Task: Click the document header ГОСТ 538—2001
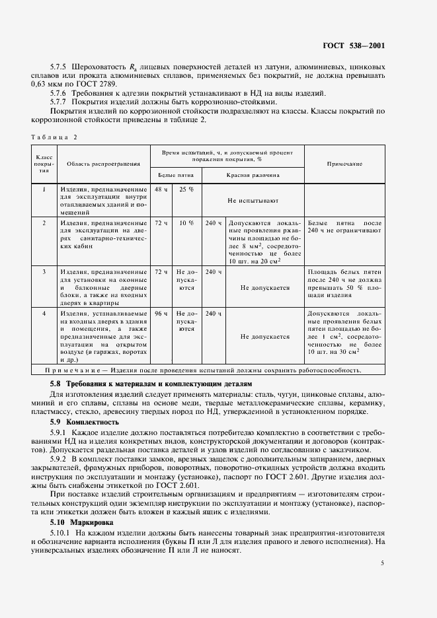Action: (x=354, y=46)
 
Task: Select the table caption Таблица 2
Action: (x=54, y=137)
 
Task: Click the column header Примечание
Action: (x=344, y=162)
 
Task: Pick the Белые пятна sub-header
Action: (x=175, y=176)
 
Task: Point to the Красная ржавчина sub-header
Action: (x=253, y=176)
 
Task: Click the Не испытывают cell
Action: (x=253, y=199)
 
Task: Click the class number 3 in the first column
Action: (x=44, y=271)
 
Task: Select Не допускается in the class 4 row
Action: (x=265, y=336)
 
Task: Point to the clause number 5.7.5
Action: (x=61, y=67)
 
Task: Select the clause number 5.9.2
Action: (x=61, y=458)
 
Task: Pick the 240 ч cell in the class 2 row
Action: (x=214, y=223)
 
